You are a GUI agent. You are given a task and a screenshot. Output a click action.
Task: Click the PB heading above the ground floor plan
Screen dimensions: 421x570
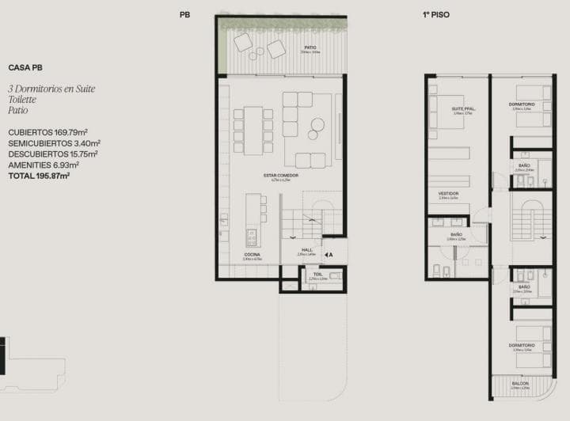click(184, 14)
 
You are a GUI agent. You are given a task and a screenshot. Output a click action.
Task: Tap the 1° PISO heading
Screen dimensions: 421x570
click(435, 14)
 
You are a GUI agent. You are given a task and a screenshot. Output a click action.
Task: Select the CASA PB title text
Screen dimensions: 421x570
click(25, 68)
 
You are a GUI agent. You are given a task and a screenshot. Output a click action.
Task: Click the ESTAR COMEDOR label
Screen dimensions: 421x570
click(282, 175)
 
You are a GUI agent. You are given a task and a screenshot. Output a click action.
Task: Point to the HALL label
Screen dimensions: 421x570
click(307, 250)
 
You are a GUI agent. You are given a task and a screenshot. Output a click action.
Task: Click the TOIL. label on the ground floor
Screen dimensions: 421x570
click(317, 274)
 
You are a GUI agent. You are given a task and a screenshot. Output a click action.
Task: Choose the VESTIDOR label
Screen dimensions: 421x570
click(449, 193)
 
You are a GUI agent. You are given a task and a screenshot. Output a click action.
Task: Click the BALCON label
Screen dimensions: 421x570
click(520, 383)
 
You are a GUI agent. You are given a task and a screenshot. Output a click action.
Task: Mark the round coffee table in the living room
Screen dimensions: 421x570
click(317, 123)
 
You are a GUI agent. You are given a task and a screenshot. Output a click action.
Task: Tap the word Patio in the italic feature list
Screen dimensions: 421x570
click(18, 112)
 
